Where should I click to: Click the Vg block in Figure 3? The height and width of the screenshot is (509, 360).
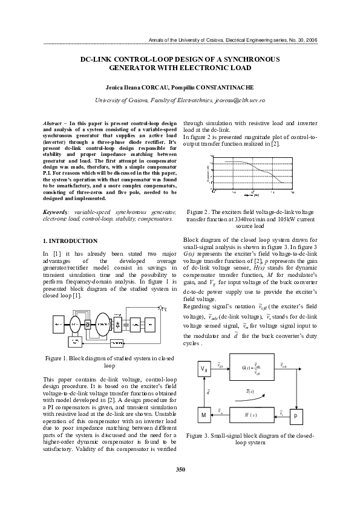pyautogui.click(x=203, y=368)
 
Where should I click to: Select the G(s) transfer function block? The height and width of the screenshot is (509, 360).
pyautogui.click(x=250, y=368)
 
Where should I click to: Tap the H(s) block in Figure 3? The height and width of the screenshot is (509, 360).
pyautogui.click(x=250, y=415)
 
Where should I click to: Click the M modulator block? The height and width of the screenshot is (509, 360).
pyautogui.click(x=203, y=415)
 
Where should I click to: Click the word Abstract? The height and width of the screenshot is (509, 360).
pyautogui.click(x=55, y=123)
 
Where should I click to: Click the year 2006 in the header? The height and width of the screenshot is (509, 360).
pyautogui.click(x=310, y=40)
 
